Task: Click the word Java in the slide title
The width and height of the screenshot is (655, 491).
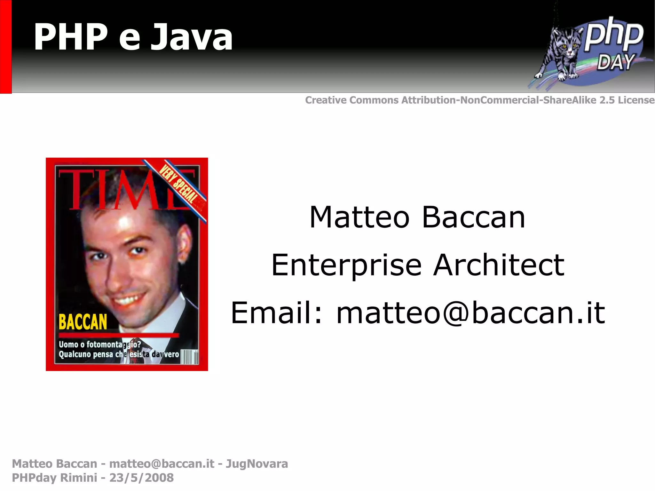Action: pos(192,37)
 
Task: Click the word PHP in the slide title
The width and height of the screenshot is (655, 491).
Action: pos(71,37)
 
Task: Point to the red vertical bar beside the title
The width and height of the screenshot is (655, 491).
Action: pos(5,46)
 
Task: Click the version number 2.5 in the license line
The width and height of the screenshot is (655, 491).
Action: pos(607,100)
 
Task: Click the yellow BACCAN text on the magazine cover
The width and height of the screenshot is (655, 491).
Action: pos(83,322)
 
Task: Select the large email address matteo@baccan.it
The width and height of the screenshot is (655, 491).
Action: pos(471,313)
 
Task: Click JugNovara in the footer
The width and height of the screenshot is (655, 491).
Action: pos(257,464)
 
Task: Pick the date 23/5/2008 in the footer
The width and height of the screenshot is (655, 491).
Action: pos(141,478)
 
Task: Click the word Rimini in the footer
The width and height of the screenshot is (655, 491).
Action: pos(78,478)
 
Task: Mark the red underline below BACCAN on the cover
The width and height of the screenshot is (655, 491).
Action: pos(118,335)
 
